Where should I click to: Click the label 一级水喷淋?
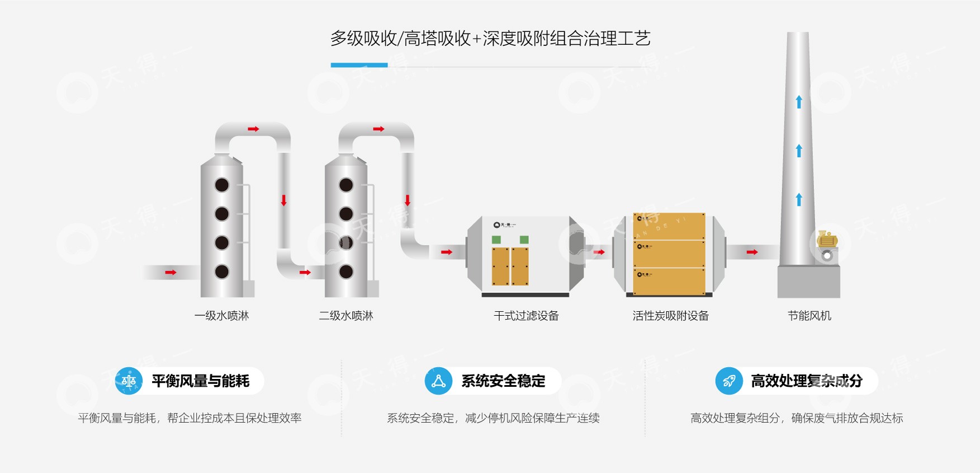pyautogui.click(x=221, y=316)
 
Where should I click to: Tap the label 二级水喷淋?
pyautogui.click(x=345, y=316)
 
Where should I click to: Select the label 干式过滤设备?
pyautogui.click(x=526, y=316)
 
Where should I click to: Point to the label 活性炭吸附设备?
pyautogui.click(x=670, y=316)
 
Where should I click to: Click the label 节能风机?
pyautogui.click(x=809, y=316)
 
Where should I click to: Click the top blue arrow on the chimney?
pyautogui.click(x=799, y=102)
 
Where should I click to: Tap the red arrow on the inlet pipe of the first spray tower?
pyautogui.click(x=171, y=273)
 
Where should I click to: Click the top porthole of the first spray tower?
pyautogui.click(x=222, y=185)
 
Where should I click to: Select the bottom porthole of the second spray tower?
pyautogui.click(x=346, y=272)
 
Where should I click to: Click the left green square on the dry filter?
pyautogui.click(x=496, y=240)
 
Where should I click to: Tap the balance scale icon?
pyautogui.click(x=129, y=381)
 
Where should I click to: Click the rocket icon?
pyautogui.click(x=729, y=381)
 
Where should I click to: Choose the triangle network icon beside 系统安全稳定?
pyautogui.click(x=438, y=381)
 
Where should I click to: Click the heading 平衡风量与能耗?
pyautogui.click(x=200, y=381)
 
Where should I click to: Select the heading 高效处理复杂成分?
pyautogui.click(x=806, y=381)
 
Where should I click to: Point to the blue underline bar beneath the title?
pyautogui.click(x=359, y=65)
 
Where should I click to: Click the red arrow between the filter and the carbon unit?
pyautogui.click(x=599, y=252)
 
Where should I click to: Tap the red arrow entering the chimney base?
pyautogui.click(x=752, y=252)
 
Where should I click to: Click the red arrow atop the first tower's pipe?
pyautogui.click(x=253, y=129)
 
